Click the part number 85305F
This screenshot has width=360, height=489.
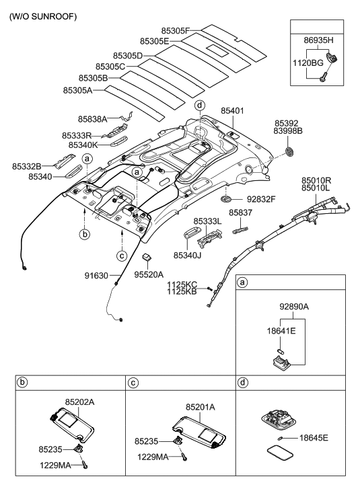[177, 30]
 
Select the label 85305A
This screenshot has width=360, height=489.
[77, 89]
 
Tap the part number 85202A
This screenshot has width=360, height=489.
[79, 402]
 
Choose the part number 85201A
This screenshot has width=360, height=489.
[201, 406]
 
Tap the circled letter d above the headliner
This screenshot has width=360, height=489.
[199, 106]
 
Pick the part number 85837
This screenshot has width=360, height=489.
[240, 213]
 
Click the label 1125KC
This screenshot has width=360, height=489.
[182, 285]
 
